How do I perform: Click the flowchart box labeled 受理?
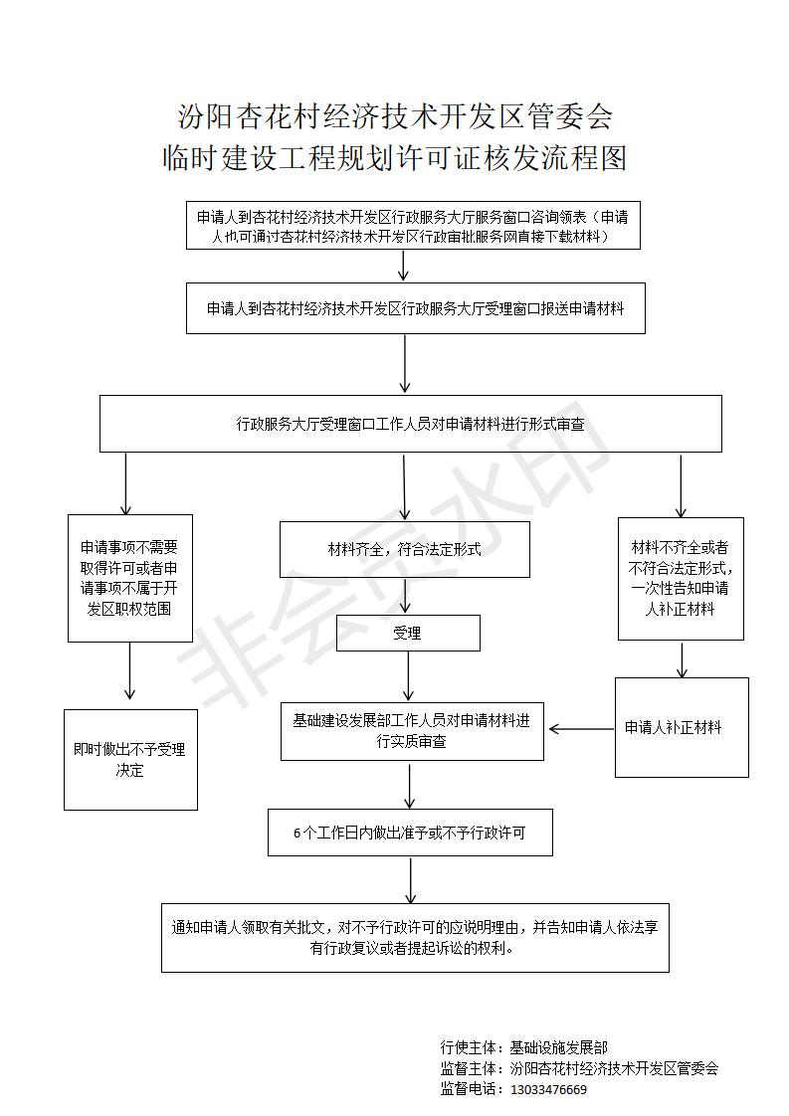[408, 633]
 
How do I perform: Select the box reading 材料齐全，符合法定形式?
[405, 549]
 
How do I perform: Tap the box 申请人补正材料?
[682, 727]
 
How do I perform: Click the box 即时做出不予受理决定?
[130, 760]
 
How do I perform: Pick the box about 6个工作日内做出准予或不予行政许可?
[410, 832]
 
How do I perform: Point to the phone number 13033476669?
[548, 1090]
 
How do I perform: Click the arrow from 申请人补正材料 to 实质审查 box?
[582, 729]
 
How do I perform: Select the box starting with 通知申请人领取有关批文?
[415, 937]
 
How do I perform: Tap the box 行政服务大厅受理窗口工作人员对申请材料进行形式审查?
[411, 424]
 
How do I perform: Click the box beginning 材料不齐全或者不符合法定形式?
[681, 579]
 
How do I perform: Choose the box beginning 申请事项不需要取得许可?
[130, 578]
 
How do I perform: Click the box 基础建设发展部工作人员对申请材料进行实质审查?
[412, 732]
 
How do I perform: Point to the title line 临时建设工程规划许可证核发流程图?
[394, 158]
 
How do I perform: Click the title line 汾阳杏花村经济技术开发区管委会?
[394, 116]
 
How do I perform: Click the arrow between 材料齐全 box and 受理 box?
[405, 596]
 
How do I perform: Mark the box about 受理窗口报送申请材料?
[416, 308]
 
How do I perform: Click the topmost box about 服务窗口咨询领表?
[413, 226]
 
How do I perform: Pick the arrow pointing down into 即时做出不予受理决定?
[129, 670]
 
